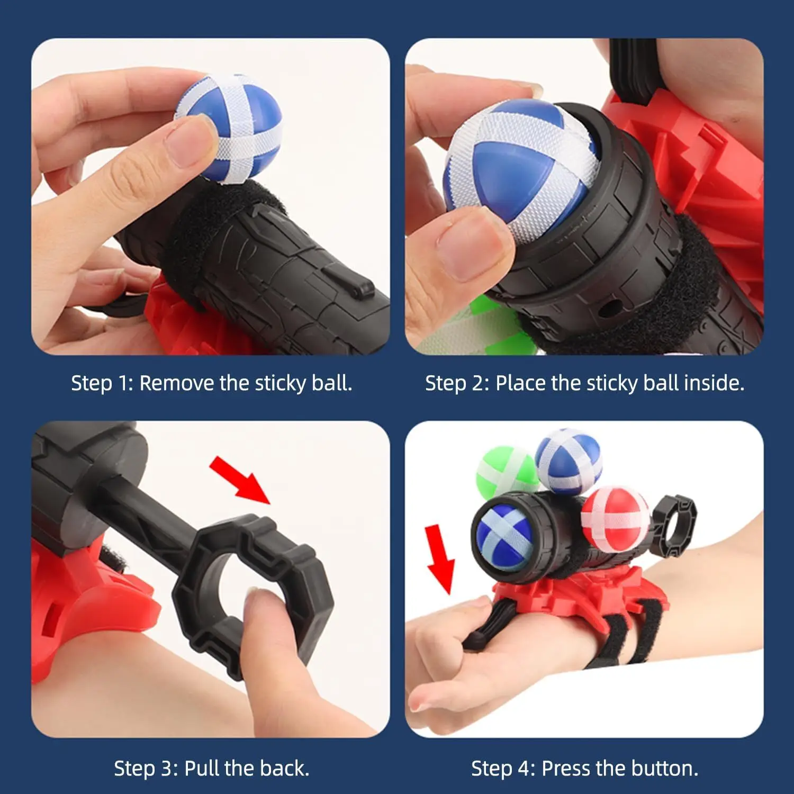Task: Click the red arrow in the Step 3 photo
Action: tap(239, 480)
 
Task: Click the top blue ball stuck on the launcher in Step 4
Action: tap(568, 461)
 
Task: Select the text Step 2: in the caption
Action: tap(457, 383)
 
